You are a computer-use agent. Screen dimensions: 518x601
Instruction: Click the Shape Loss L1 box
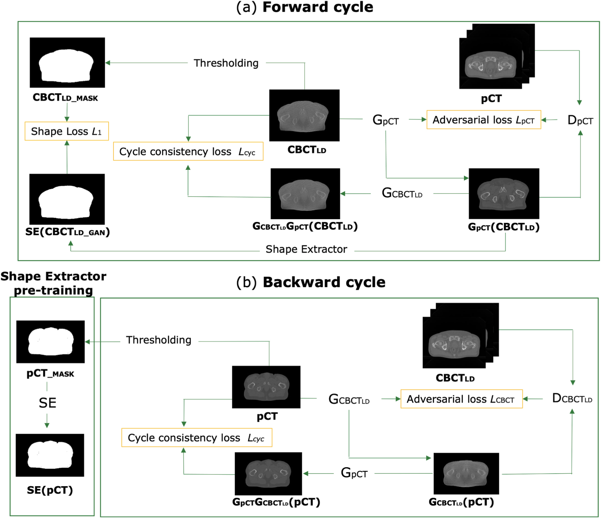66,131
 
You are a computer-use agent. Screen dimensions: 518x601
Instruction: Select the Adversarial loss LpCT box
484,120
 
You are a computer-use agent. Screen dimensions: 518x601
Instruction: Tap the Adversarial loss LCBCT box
461,399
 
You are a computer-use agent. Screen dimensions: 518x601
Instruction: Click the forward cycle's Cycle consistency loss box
188,152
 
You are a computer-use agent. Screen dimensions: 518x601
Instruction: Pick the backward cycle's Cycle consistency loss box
196,438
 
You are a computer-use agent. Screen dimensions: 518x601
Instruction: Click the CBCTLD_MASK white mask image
67,63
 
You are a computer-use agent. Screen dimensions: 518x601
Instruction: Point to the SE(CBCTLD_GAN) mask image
67,199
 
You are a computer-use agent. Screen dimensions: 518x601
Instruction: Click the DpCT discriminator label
580,120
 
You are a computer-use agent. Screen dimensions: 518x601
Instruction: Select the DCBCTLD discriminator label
572,398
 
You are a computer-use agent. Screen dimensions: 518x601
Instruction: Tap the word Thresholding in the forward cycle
226,63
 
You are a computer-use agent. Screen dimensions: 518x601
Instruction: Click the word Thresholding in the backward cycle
159,340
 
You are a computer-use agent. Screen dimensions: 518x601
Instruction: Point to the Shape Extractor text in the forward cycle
306,249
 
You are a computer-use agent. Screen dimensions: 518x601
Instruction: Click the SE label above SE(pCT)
47,403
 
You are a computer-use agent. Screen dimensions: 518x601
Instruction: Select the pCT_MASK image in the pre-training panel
50,342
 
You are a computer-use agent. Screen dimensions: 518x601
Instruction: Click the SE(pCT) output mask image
50,455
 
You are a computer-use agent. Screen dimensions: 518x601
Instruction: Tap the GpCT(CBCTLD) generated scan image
504,194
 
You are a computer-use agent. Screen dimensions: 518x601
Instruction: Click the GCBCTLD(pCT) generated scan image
466,473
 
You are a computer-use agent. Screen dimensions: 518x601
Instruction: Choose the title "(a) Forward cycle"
305,7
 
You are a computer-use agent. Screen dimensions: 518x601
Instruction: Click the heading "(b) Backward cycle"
311,282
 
